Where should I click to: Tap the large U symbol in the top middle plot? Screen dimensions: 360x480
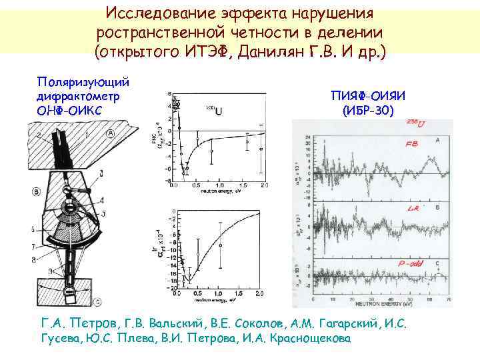point(219,111)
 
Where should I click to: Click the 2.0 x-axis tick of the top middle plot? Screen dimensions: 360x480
point(265,185)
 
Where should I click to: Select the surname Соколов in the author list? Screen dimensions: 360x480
point(261,324)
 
